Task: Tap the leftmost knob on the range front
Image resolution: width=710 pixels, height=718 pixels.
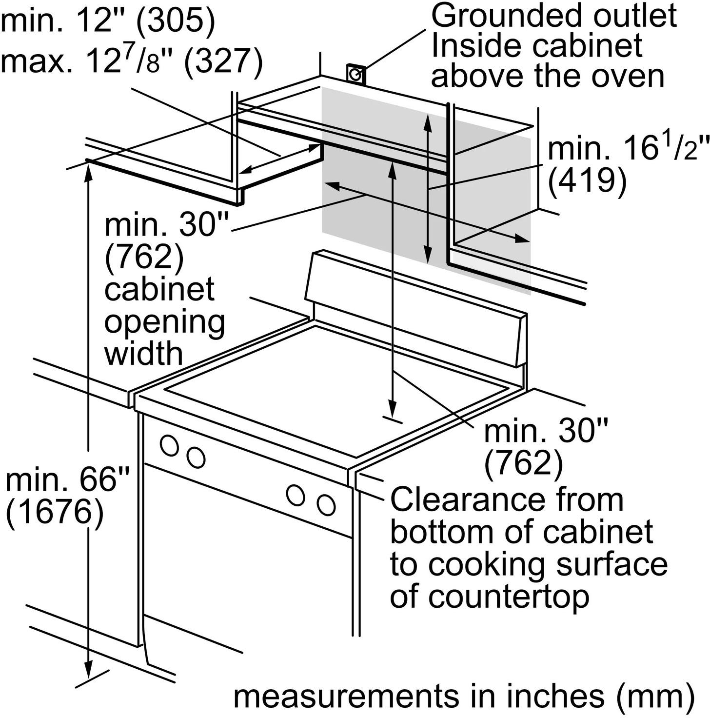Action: (169, 445)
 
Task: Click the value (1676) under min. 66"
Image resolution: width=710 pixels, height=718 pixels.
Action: (55, 513)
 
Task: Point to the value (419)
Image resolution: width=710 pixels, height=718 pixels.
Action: (587, 181)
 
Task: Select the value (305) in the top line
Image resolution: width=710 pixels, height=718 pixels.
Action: (175, 22)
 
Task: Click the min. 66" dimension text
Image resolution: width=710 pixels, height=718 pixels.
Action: (68, 480)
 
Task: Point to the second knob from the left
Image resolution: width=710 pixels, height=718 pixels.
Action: (196, 457)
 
